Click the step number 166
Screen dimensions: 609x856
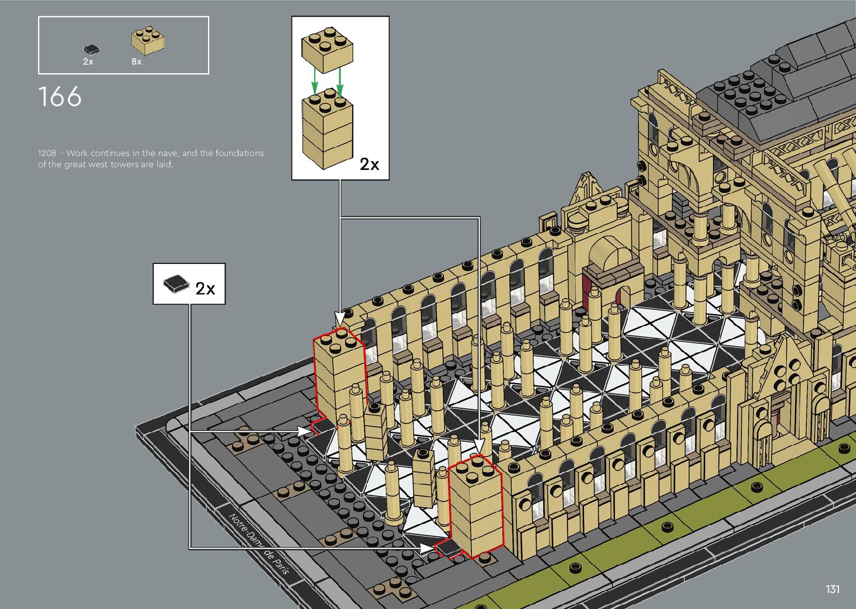(x=60, y=97)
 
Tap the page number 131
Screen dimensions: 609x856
(x=833, y=589)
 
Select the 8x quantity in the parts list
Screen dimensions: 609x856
(x=136, y=62)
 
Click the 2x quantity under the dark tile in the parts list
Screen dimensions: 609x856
(x=88, y=62)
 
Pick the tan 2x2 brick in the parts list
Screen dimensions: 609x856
(x=148, y=41)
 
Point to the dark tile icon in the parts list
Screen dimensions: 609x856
(x=91, y=50)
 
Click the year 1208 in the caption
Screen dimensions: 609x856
(x=47, y=153)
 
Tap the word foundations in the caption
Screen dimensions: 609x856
(x=239, y=153)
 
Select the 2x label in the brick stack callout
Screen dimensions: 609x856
(x=369, y=164)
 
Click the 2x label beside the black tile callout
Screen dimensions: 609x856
(x=205, y=289)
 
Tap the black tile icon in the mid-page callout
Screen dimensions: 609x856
(x=176, y=284)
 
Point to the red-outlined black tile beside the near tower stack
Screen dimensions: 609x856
(x=447, y=549)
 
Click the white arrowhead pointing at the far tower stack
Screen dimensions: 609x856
(x=339, y=319)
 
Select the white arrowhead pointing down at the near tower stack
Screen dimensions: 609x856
(x=479, y=445)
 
